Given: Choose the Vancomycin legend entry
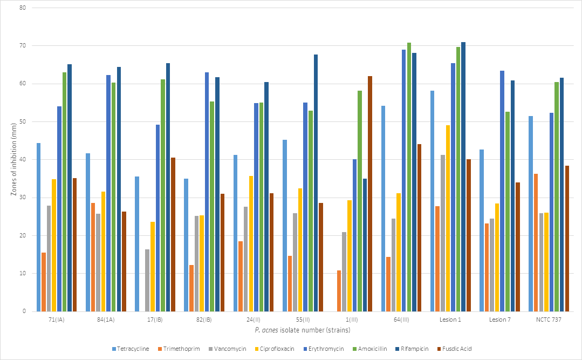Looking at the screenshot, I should point(231,349).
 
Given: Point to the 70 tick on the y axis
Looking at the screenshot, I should point(23,46).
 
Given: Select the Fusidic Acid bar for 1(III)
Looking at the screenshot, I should point(370,194).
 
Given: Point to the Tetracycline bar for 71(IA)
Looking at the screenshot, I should point(38,227).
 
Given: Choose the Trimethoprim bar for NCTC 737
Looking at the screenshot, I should point(536,242).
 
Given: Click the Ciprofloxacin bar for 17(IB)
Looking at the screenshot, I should point(153,267).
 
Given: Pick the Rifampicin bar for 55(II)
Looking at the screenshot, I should point(316,183).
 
